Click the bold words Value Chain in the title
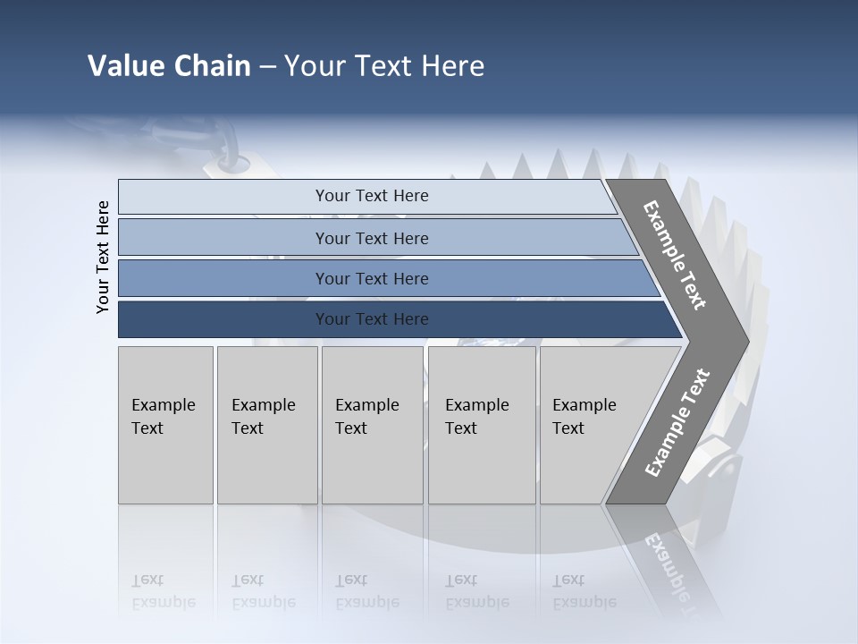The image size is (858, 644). click(169, 66)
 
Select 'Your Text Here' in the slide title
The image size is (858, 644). click(384, 66)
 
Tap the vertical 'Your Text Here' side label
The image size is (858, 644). click(103, 257)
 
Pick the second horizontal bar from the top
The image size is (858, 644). click(371, 238)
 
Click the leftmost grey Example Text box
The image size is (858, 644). click(165, 425)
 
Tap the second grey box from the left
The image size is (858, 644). click(266, 425)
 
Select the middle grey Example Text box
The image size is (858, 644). click(372, 425)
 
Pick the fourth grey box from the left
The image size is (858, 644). click(481, 425)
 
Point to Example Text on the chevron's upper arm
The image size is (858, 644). click(675, 255)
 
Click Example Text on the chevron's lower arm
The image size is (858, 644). click(677, 422)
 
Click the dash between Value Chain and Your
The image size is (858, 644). click(267, 67)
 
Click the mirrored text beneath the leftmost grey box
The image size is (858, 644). click(164, 590)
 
